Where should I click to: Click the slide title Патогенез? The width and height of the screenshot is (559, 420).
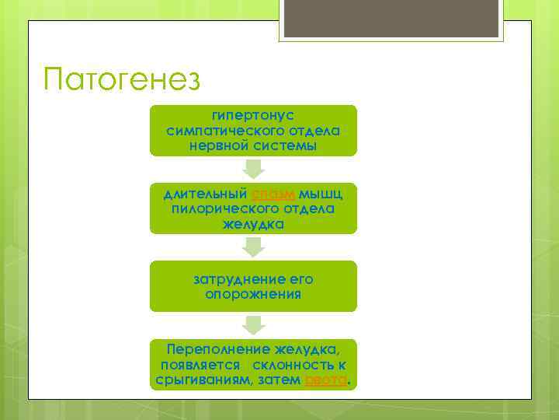(x=122, y=79)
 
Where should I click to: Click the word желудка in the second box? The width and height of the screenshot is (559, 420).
(x=253, y=224)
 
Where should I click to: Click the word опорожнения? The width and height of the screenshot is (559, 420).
(x=253, y=294)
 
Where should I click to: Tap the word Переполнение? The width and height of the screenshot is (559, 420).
(x=211, y=349)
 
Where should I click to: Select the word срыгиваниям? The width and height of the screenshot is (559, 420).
(x=197, y=380)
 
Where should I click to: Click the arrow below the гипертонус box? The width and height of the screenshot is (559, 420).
(x=253, y=169)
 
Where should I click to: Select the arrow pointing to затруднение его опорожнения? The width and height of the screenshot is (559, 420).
(x=253, y=247)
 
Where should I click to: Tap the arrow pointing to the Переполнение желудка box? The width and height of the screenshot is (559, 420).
(x=253, y=324)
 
